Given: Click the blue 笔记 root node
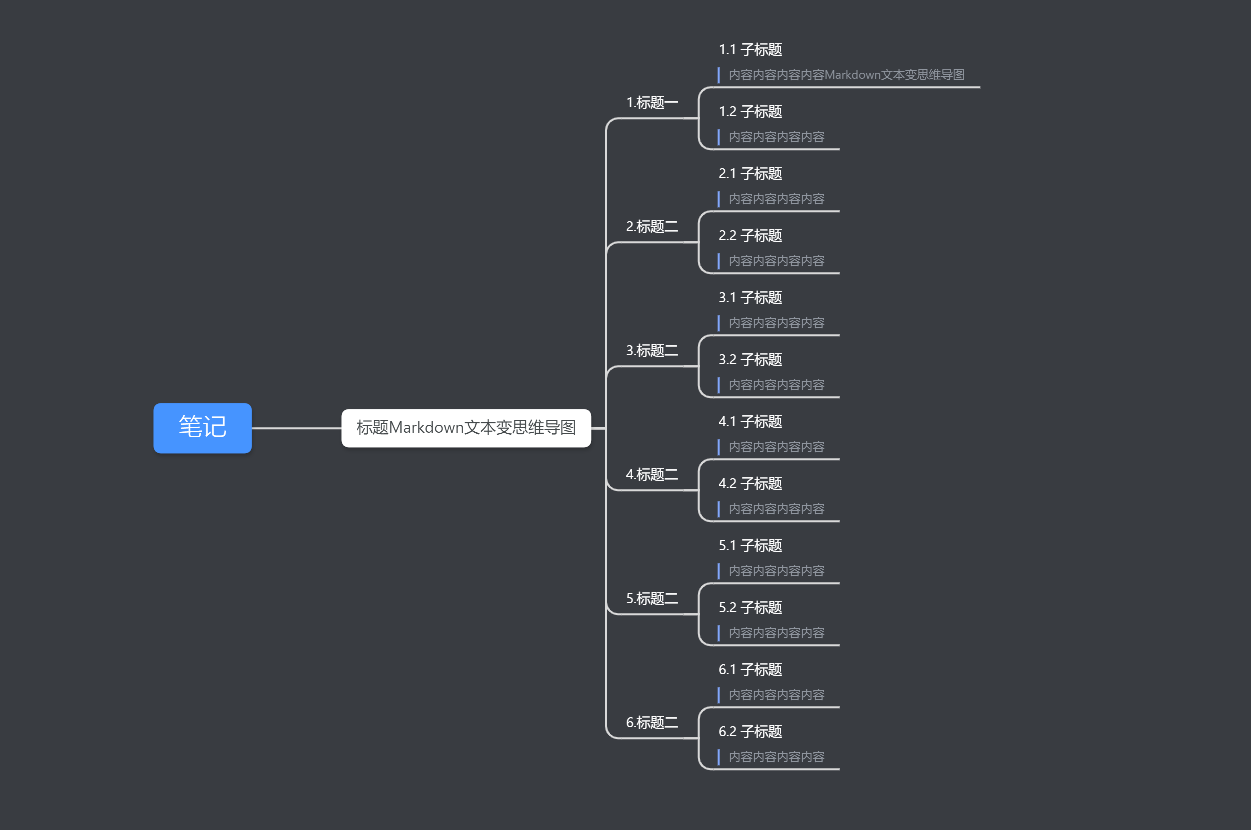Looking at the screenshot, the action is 203,428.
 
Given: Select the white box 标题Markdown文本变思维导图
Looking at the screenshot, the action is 466,428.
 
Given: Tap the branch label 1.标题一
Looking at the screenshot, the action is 652,103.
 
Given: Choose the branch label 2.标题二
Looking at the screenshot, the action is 652,227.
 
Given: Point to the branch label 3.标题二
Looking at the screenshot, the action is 652,351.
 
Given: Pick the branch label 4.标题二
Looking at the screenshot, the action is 652,475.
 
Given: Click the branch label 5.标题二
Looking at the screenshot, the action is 652,599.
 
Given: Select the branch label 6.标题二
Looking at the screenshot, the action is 652,723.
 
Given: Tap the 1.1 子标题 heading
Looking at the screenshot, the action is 750,50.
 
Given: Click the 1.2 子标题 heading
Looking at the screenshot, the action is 750,112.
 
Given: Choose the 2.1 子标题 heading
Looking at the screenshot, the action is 750,174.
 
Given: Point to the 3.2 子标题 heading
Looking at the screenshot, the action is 750,360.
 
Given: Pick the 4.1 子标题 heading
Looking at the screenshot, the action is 750,422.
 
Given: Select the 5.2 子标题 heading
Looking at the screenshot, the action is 750,608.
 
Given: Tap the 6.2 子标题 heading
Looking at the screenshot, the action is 750,732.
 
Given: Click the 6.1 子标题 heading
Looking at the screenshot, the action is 750,670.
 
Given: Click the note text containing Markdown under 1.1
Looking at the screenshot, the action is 847,75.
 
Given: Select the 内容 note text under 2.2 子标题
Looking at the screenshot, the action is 777,261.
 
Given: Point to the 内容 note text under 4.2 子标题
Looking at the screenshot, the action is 777,509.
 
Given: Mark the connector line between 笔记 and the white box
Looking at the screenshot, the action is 297,428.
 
